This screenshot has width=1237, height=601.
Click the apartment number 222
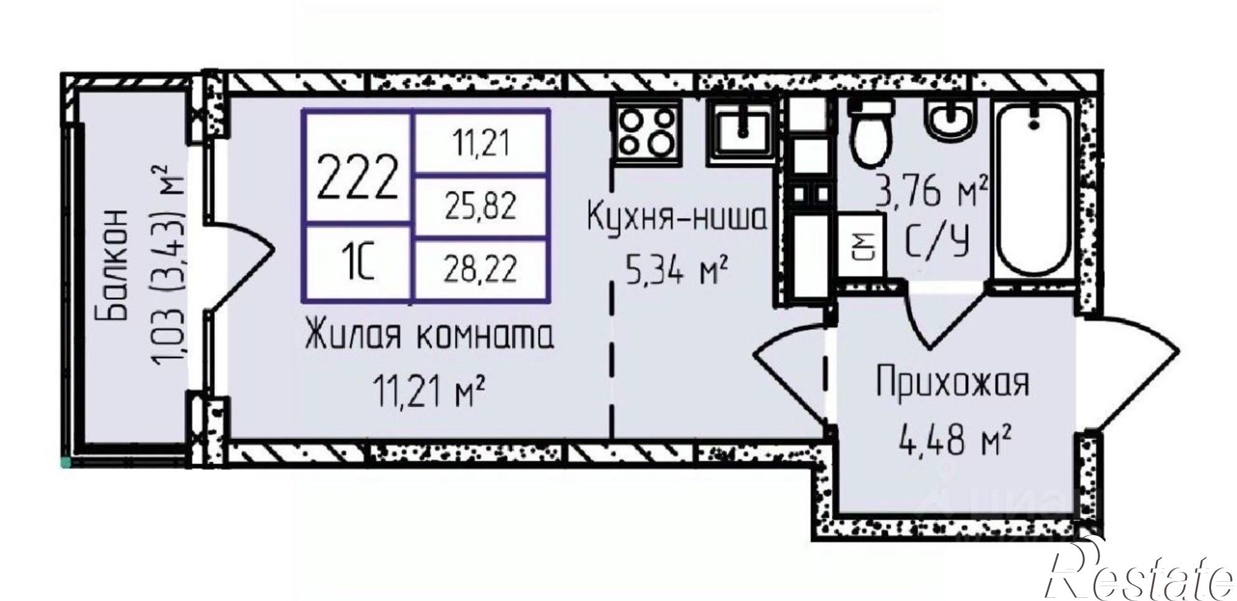click(x=357, y=176)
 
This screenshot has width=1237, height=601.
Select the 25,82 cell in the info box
click(x=481, y=207)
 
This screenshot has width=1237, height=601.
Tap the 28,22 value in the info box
click(x=481, y=269)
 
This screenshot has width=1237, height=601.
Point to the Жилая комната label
click(x=429, y=338)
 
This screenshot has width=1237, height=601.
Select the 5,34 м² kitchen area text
click(x=674, y=272)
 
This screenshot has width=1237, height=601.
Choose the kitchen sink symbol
click(x=741, y=130)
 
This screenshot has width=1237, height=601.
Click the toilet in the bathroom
click(x=871, y=134)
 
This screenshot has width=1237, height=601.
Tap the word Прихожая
click(x=952, y=384)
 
